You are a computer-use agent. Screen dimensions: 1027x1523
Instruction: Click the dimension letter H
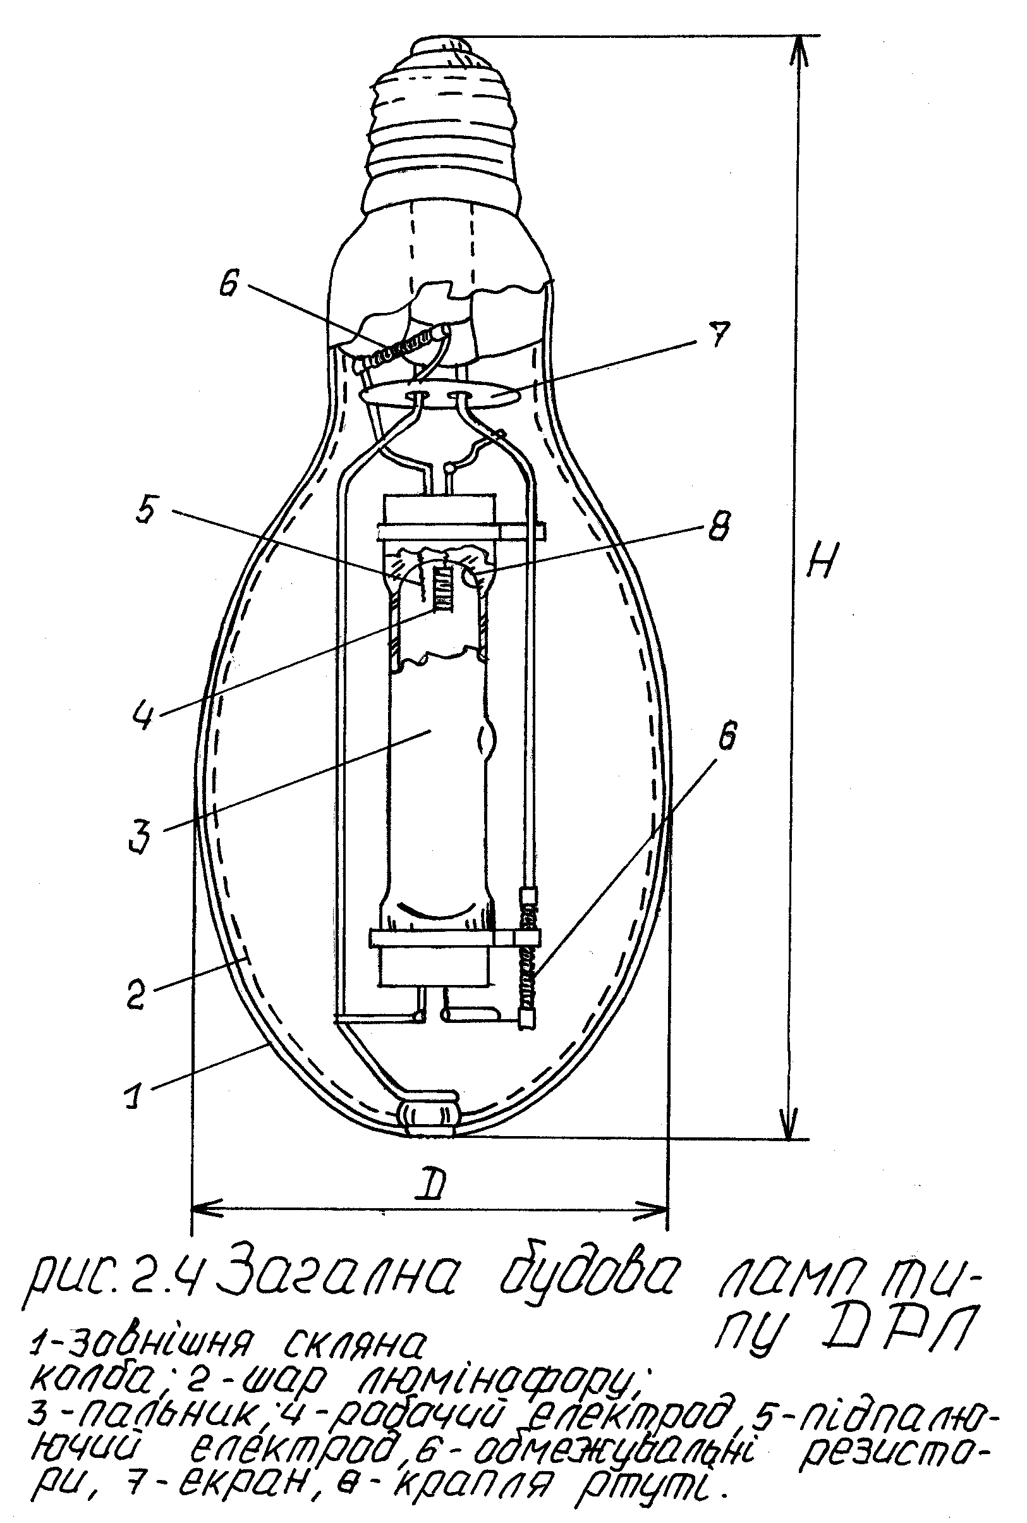[x=818, y=557]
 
